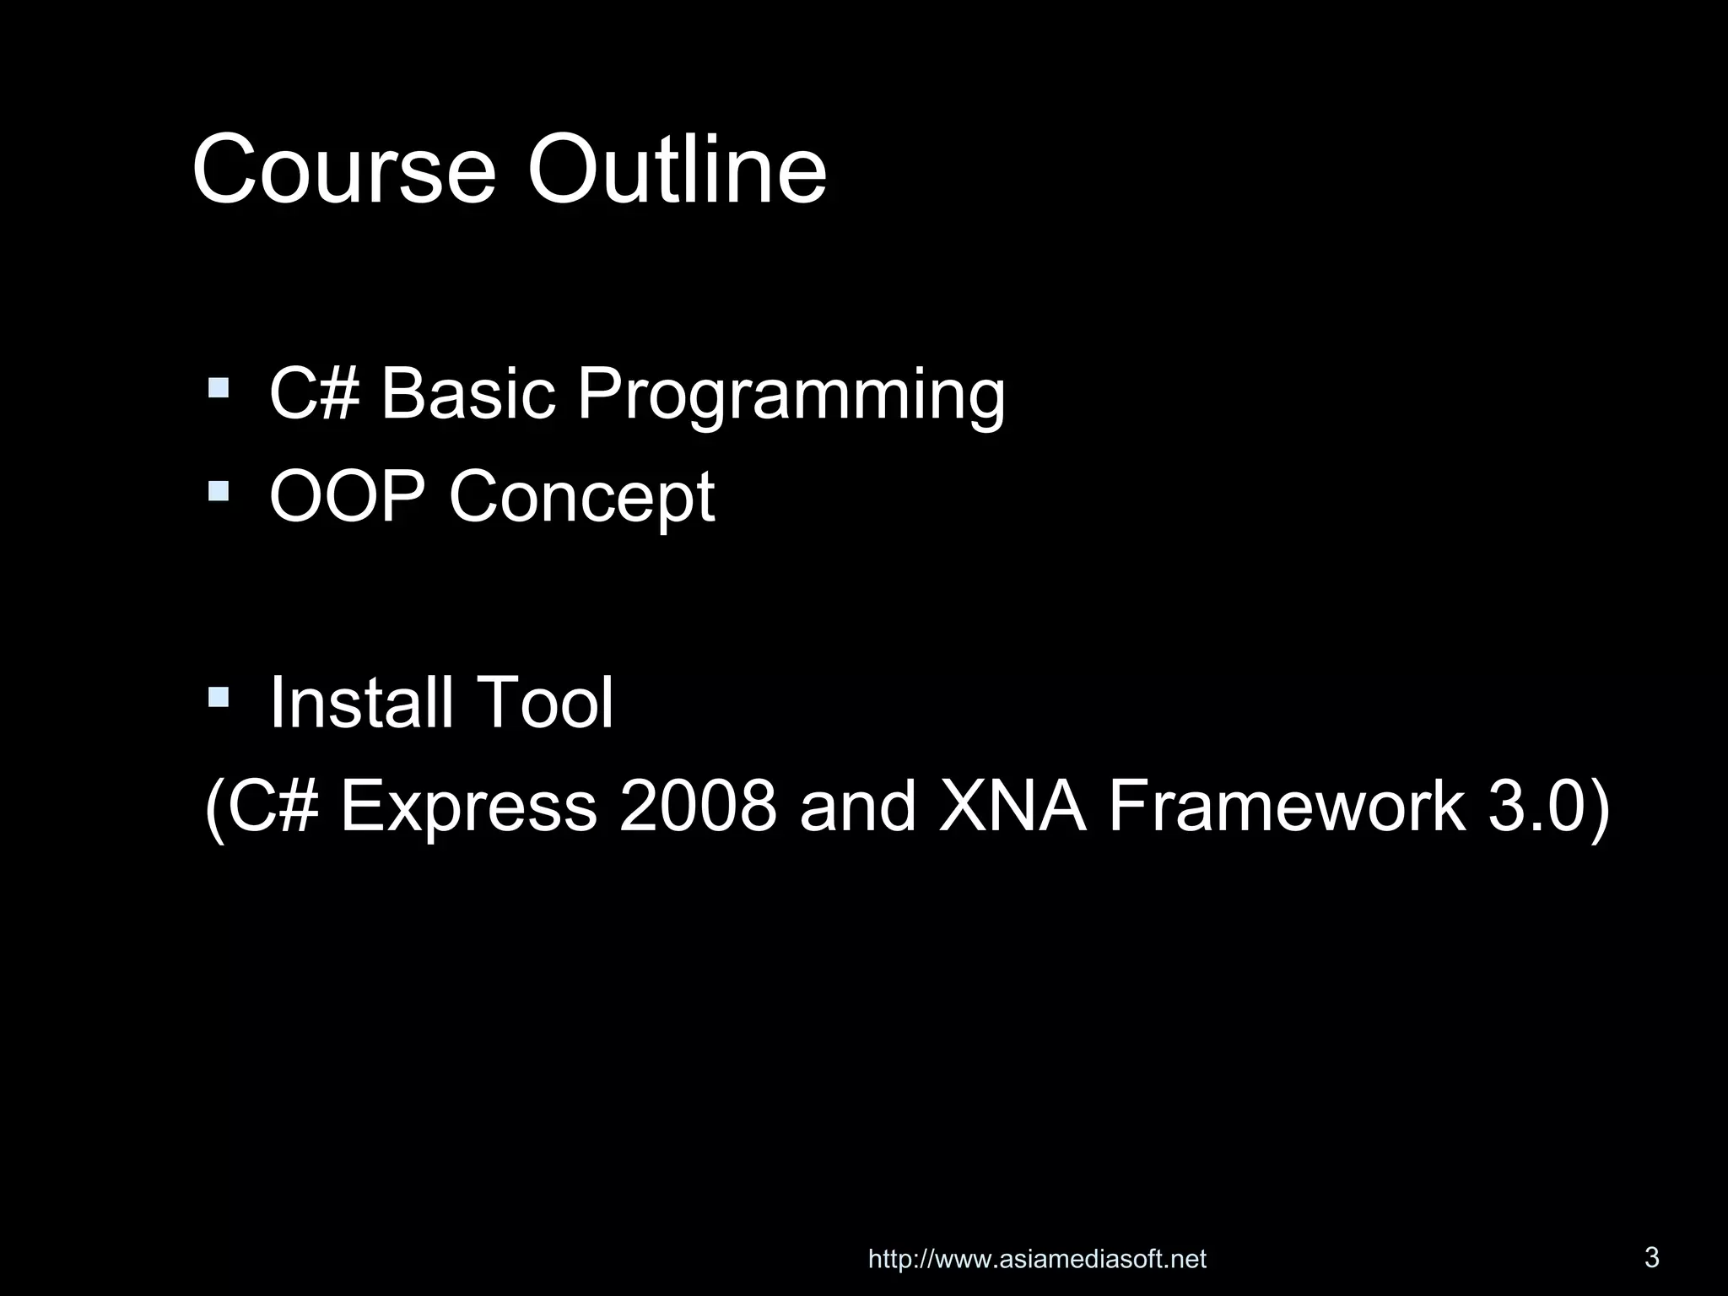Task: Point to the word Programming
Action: tap(791, 395)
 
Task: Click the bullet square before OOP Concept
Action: tap(219, 490)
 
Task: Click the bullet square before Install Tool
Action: tap(219, 696)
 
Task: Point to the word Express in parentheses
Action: tap(468, 807)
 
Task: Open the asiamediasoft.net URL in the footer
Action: tap(1037, 1260)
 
